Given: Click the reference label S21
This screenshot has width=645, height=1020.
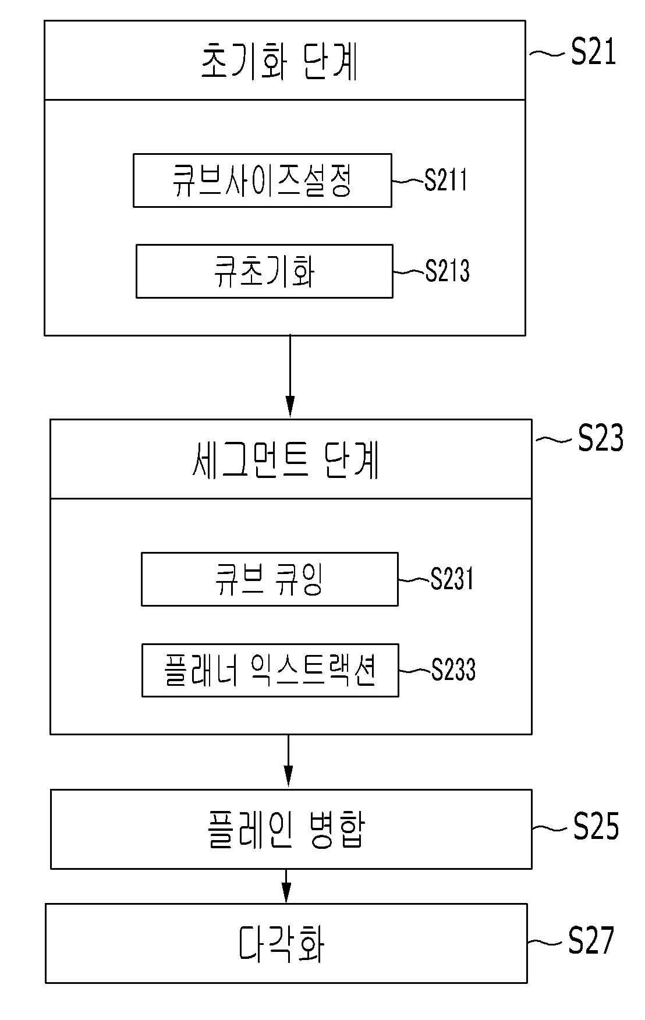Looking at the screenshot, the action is pyautogui.click(x=593, y=52).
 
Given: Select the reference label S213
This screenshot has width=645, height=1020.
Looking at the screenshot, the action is pyautogui.click(x=447, y=271).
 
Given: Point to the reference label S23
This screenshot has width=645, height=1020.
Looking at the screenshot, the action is pyautogui.click(x=600, y=438).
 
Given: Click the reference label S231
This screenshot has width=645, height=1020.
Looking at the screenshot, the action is pyautogui.click(x=452, y=579).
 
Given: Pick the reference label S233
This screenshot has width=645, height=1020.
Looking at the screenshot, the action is pyautogui.click(x=453, y=670).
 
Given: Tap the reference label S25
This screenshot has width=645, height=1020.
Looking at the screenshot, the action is pyautogui.click(x=596, y=826).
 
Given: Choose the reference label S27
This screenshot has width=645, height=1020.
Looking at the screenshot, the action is pyautogui.click(x=591, y=940).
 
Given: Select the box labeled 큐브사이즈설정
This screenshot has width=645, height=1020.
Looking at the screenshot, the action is pyautogui.click(x=263, y=180).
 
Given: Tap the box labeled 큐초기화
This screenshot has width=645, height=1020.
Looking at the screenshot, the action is pyautogui.click(x=264, y=271).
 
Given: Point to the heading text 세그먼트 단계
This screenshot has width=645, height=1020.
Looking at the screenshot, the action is pyautogui.click(x=286, y=461).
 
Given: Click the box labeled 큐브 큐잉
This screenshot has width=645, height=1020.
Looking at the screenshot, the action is pyautogui.click(x=270, y=579).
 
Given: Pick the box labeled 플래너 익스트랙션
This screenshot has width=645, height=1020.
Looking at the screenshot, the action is pyautogui.click(x=270, y=670).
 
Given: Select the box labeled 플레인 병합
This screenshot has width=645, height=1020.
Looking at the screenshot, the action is pyautogui.click(x=291, y=829).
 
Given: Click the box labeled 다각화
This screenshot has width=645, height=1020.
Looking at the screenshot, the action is pyautogui.click(x=286, y=943).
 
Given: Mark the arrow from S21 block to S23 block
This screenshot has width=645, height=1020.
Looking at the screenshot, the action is pyautogui.click(x=290, y=376).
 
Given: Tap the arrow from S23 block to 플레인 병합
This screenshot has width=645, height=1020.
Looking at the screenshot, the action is pyautogui.click(x=288, y=761).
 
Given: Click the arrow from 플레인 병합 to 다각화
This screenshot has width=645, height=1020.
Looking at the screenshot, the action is pyautogui.click(x=286, y=886).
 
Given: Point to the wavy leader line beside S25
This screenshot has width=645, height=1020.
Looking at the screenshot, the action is pyautogui.click(x=550, y=827).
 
